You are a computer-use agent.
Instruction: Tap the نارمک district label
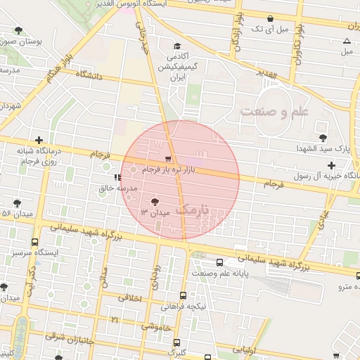click(192, 209)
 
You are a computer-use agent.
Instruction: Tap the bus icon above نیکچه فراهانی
click(184, 296)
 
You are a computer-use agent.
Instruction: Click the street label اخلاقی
click(127, 299)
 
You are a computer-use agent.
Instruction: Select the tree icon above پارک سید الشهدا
click(323, 137)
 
